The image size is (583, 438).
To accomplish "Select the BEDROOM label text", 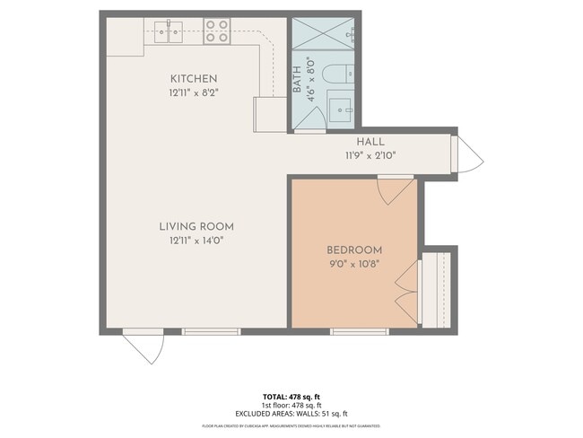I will tap(354, 250).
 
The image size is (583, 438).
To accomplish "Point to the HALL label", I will tap(370, 142).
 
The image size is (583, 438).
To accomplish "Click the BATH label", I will tap(297, 82).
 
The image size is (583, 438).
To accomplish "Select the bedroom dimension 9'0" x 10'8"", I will tap(354, 263).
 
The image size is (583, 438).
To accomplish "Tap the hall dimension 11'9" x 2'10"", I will tap(370, 155).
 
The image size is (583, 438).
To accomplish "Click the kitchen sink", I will tap(167, 32).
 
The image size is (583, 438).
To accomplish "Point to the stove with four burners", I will tap(216, 31).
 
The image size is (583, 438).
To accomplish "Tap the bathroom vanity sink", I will tap(342, 109).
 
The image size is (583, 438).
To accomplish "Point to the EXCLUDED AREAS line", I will tap(291, 414).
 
